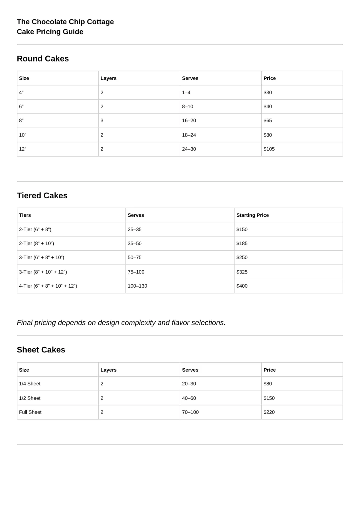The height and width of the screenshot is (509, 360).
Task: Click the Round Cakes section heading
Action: [43, 59]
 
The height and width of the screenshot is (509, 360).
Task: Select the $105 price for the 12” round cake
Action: [269, 149]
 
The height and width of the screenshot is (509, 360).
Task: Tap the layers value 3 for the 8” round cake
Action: [102, 121]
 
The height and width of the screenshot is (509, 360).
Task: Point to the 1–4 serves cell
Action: [186, 93]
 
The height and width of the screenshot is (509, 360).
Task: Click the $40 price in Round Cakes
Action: [268, 106]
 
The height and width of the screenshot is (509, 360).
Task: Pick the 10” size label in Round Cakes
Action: [22, 135]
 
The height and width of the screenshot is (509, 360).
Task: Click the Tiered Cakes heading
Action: [42, 196]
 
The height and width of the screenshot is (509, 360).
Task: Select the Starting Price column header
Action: [252, 215]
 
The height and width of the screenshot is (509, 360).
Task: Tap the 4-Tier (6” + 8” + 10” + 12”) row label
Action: [48, 286]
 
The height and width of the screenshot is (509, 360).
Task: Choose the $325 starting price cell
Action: [242, 272]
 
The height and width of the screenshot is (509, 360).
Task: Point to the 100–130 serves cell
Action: [137, 286]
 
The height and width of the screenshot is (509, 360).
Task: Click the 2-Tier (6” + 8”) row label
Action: [35, 229]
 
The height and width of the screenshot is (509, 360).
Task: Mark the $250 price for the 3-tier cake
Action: [242, 258]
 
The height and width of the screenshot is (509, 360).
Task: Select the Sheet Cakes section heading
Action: [41, 350]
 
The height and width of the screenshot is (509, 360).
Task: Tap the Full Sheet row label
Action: [30, 412]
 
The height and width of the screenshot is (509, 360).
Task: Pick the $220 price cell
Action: [269, 412]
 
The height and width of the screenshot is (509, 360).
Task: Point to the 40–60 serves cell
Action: [189, 398]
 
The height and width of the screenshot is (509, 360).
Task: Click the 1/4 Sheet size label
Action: [30, 384]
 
